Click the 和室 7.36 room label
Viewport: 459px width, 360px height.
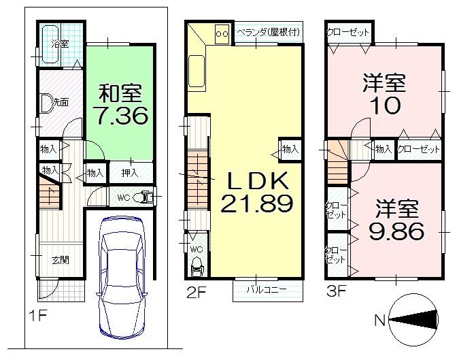(x=120, y=104)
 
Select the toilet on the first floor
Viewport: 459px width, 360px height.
(x=141, y=197)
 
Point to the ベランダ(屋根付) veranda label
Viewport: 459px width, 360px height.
(x=268, y=32)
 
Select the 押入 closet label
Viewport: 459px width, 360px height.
(x=129, y=173)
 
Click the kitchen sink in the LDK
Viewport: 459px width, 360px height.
(x=198, y=71)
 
